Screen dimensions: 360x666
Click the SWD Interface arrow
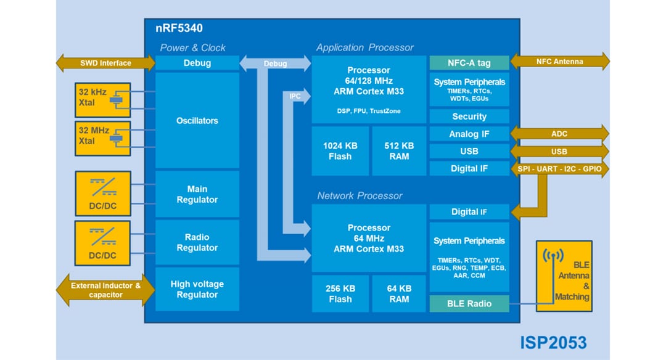[105, 63]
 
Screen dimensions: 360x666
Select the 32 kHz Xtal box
[102, 100]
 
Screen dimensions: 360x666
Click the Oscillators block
[197, 120]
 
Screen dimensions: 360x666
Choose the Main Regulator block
[197, 194]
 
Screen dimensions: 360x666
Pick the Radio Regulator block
[197, 242]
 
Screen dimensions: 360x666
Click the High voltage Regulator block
[197, 290]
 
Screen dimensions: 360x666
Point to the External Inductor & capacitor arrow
[105, 290]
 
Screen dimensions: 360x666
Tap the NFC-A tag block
[469, 63]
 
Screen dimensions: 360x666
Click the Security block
[469, 117]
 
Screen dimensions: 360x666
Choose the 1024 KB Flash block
[340, 151]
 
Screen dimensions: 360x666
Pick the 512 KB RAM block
[399, 151]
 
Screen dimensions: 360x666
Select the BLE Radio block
[469, 304]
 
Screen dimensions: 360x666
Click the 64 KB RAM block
[399, 293]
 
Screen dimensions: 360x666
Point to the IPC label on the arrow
[295, 96]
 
